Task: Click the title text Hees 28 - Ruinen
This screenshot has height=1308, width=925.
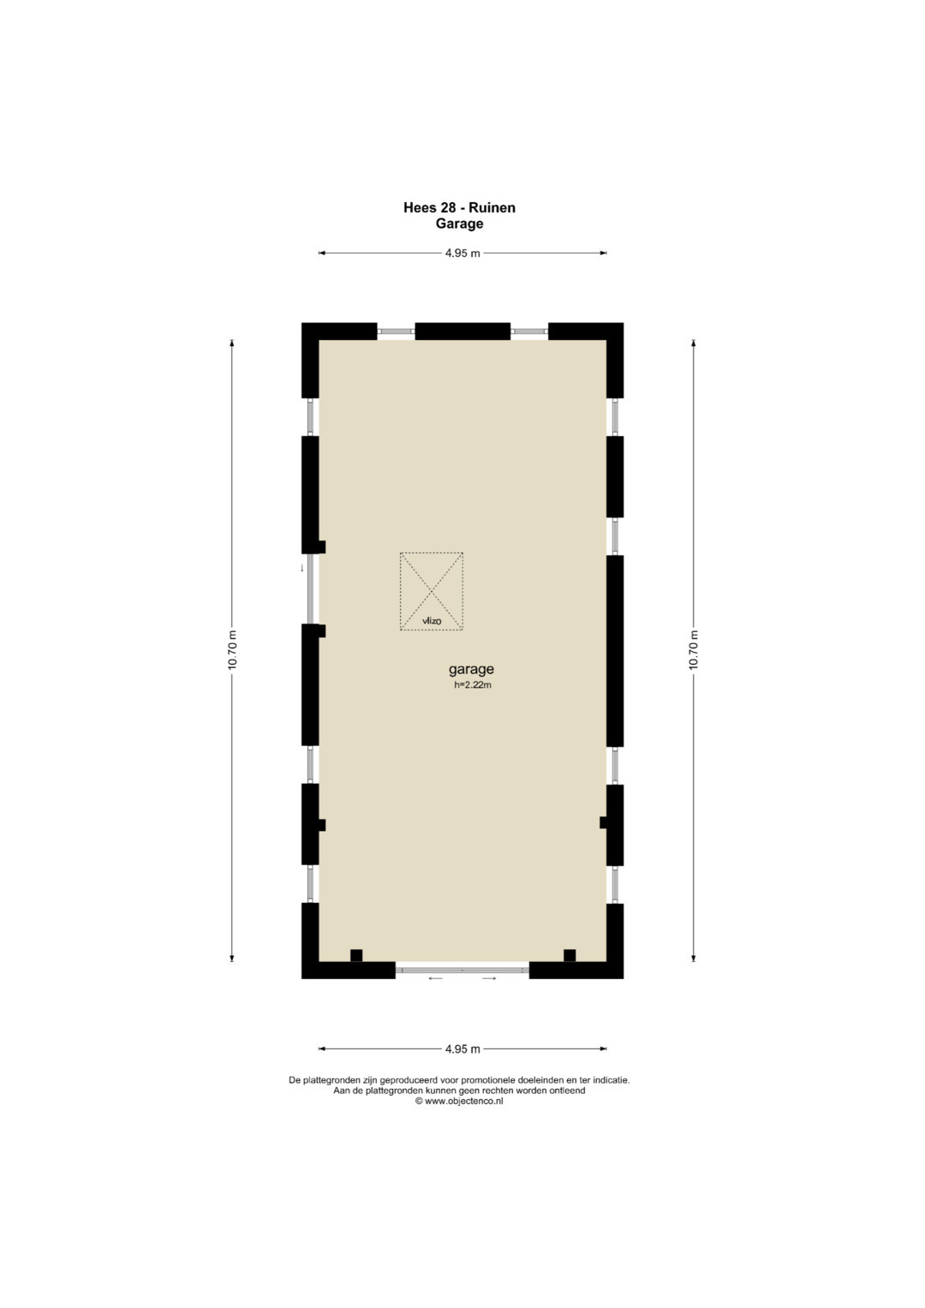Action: pyautogui.click(x=459, y=207)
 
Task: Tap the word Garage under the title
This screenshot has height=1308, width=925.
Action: pyautogui.click(x=459, y=224)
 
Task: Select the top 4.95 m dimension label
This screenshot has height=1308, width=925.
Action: pyautogui.click(x=462, y=253)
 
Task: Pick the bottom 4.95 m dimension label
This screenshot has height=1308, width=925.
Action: pyautogui.click(x=462, y=1048)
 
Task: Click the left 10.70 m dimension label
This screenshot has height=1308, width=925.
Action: pyautogui.click(x=232, y=650)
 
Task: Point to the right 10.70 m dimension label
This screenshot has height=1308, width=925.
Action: pyautogui.click(x=694, y=650)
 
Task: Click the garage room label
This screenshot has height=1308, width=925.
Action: pyautogui.click(x=471, y=670)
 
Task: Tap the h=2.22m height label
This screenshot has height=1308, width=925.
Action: pyautogui.click(x=473, y=685)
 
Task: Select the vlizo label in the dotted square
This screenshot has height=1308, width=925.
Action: pyautogui.click(x=432, y=621)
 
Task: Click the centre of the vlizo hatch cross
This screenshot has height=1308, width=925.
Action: pyautogui.click(x=432, y=591)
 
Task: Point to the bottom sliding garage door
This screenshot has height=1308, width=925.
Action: pyautogui.click(x=462, y=970)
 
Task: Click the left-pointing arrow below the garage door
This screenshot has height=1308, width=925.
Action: pyautogui.click(x=436, y=979)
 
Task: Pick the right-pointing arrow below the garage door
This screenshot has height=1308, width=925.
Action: pyautogui.click(x=489, y=979)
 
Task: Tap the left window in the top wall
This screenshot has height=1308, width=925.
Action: pyautogui.click(x=396, y=331)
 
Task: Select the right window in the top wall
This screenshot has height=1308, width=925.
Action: pyautogui.click(x=529, y=331)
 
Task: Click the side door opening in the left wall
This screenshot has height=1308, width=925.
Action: pyautogui.click(x=311, y=588)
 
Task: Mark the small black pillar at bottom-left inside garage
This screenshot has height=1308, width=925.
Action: pyautogui.click(x=356, y=955)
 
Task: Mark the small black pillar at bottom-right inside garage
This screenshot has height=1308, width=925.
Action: pyautogui.click(x=570, y=955)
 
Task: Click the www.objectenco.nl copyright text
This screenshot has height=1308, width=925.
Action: pyautogui.click(x=459, y=1102)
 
